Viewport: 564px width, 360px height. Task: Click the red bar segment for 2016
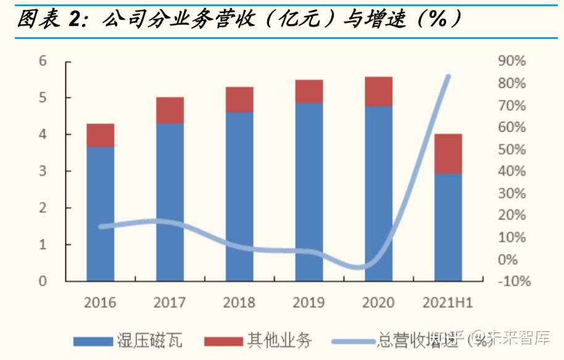click(100, 135)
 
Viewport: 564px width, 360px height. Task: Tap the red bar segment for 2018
click(239, 99)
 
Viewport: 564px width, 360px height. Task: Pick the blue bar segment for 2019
click(309, 191)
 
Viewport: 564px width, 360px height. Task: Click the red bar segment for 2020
click(378, 91)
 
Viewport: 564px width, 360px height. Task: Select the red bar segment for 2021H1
click(448, 154)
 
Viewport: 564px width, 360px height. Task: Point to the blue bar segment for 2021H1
click(448, 227)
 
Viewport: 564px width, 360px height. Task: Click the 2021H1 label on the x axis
click(448, 303)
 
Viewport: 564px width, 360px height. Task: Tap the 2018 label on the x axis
click(239, 303)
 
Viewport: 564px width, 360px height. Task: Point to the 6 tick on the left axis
click(43, 61)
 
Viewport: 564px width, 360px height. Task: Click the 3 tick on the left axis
click(43, 171)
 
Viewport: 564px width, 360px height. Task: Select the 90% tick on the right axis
click(511, 61)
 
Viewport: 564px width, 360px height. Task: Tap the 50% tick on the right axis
click(511, 149)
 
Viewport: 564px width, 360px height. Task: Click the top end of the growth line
click(448, 77)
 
